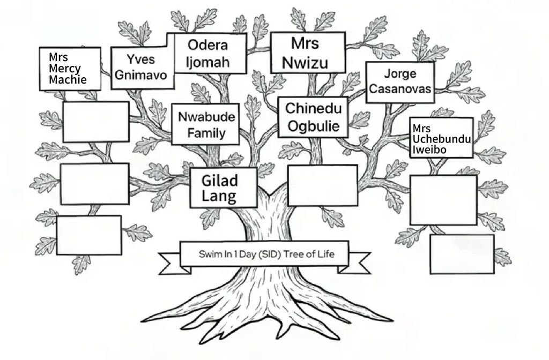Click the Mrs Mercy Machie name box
click(x=70, y=69)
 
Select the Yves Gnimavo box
click(x=142, y=67)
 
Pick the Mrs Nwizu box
click(x=307, y=52)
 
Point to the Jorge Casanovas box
click(x=400, y=82)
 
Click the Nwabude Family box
click(x=205, y=124)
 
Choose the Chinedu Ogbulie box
click(x=313, y=117)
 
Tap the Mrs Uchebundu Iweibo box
click(x=441, y=138)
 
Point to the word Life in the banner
click(x=325, y=254)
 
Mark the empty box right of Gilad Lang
click(x=322, y=185)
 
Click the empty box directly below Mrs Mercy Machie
click(x=96, y=122)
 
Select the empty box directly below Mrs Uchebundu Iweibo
click(x=443, y=200)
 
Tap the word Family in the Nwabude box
click(x=206, y=132)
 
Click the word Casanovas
click(x=400, y=89)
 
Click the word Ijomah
click(x=208, y=62)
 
